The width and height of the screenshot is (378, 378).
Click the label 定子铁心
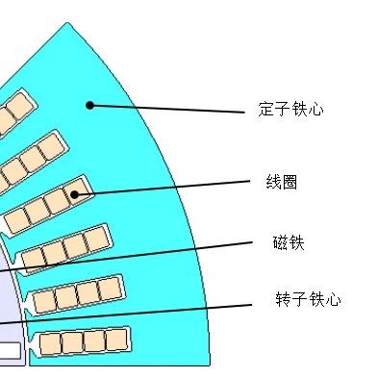pyautogui.click(x=290, y=110)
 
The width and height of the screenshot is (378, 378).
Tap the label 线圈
pyautogui.click(x=281, y=181)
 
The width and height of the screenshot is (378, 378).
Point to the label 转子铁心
pyautogui.click(x=307, y=300)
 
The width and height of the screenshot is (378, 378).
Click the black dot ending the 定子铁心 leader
pyautogui.click(x=90, y=105)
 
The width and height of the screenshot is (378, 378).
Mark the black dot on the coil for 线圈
pyautogui.click(x=75, y=194)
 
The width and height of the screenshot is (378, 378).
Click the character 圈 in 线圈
pyautogui.click(x=289, y=181)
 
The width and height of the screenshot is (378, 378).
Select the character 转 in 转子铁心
pyautogui.click(x=283, y=300)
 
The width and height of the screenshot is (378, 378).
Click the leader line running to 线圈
pyautogui.click(x=164, y=187)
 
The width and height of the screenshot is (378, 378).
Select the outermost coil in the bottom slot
pyautogui.click(x=117, y=339)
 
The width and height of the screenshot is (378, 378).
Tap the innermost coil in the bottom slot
pyautogui.click(x=49, y=343)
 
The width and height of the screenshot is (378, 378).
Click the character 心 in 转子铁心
pyautogui.click(x=332, y=300)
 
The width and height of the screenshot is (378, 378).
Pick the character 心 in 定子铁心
pyautogui.click(x=315, y=110)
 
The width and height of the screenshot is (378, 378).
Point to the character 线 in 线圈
pyautogui.click(x=273, y=181)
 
